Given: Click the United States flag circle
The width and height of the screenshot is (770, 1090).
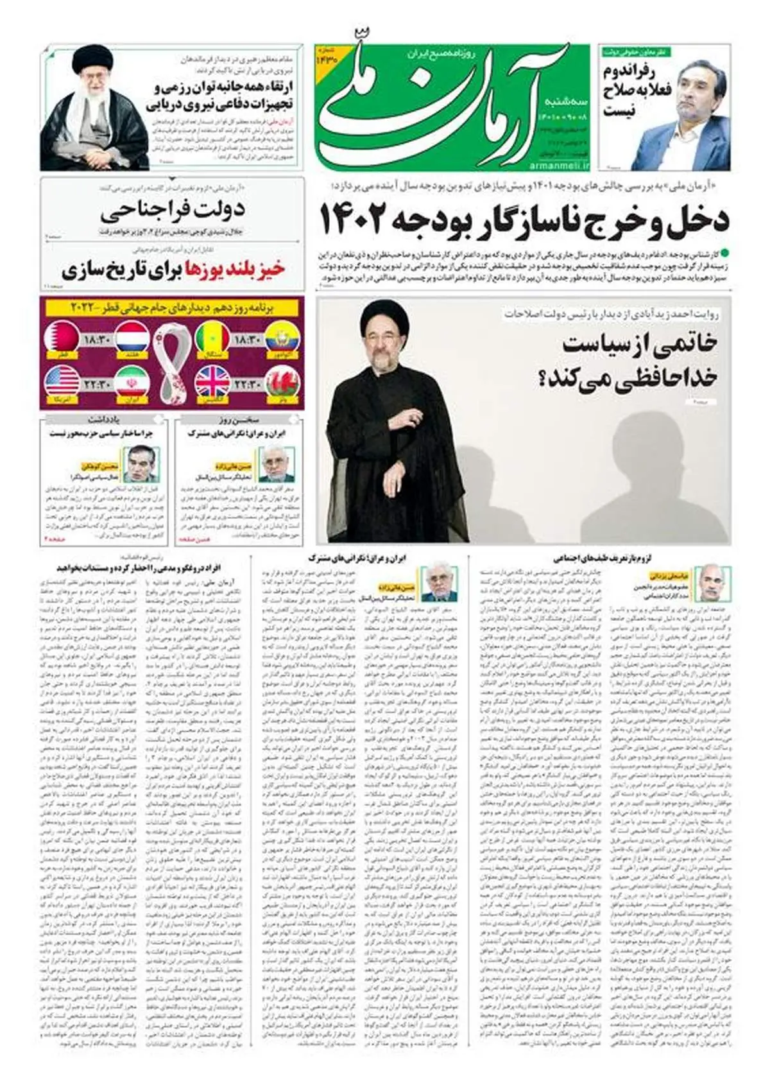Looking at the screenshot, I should tap(63, 381).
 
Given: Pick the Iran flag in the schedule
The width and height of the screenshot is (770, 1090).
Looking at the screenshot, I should tap(133, 381).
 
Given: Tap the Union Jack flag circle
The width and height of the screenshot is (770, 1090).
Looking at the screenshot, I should tap(213, 381).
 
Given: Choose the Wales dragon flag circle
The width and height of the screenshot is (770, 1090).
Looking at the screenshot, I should tap(281, 381).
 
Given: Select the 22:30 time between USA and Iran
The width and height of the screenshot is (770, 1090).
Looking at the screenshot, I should tap(98, 383).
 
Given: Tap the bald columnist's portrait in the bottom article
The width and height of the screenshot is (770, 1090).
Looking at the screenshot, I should tap(710, 582).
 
